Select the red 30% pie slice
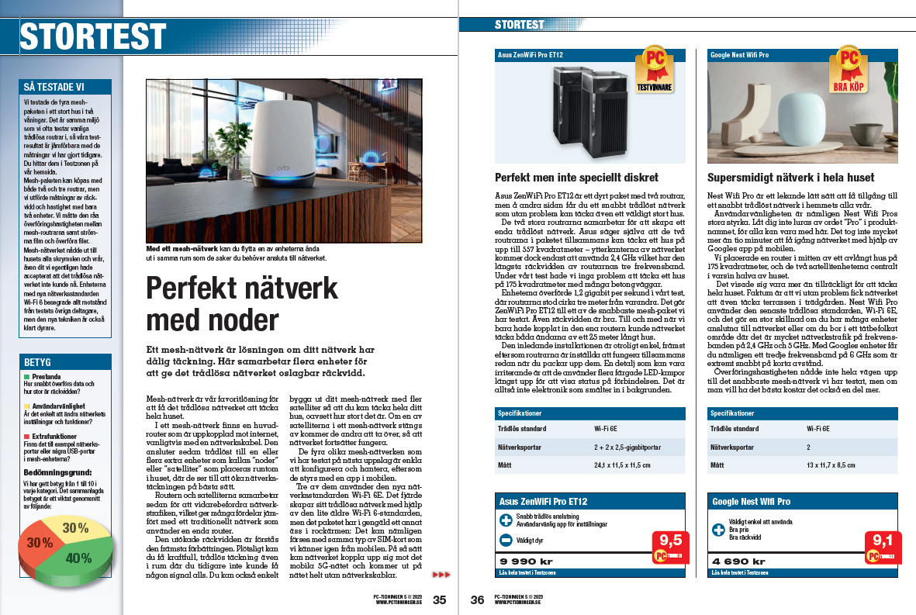(40, 543)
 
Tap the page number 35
(440, 599)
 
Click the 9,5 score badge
(671, 540)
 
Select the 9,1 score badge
(883, 540)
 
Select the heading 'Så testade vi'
(54, 88)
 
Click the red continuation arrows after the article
(440, 575)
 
